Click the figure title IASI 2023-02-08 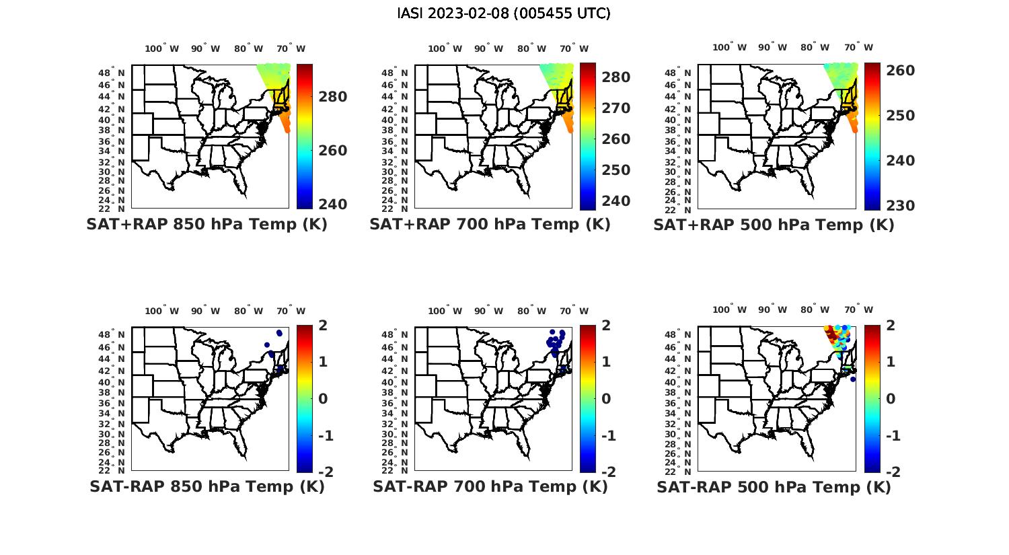504,13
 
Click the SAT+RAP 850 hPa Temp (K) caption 207,225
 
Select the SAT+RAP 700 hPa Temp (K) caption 490,225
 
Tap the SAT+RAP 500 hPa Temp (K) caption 774,225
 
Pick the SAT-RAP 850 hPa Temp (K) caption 207,486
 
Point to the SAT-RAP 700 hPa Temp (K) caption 490,486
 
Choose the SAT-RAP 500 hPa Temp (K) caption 774,486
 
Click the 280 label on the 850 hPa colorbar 332,97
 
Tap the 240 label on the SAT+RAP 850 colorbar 332,205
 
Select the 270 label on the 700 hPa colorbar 615,108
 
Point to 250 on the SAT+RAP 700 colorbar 615,170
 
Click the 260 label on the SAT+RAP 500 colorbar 900,71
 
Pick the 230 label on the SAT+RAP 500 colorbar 900,206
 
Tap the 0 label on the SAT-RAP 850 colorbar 323,399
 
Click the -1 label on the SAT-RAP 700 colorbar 608,436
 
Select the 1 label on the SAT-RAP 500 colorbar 891,362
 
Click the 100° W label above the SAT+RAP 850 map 162,48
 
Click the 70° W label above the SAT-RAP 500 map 859,311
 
